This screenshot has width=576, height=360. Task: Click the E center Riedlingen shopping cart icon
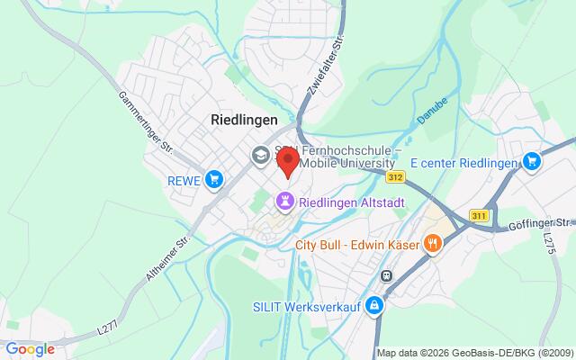pyautogui.click(x=532, y=162)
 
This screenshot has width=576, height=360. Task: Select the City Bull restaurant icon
pyautogui.click(x=433, y=242)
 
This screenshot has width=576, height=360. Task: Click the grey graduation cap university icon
pyautogui.click(x=259, y=155)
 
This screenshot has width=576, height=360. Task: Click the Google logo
pyautogui.click(x=30, y=348)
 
